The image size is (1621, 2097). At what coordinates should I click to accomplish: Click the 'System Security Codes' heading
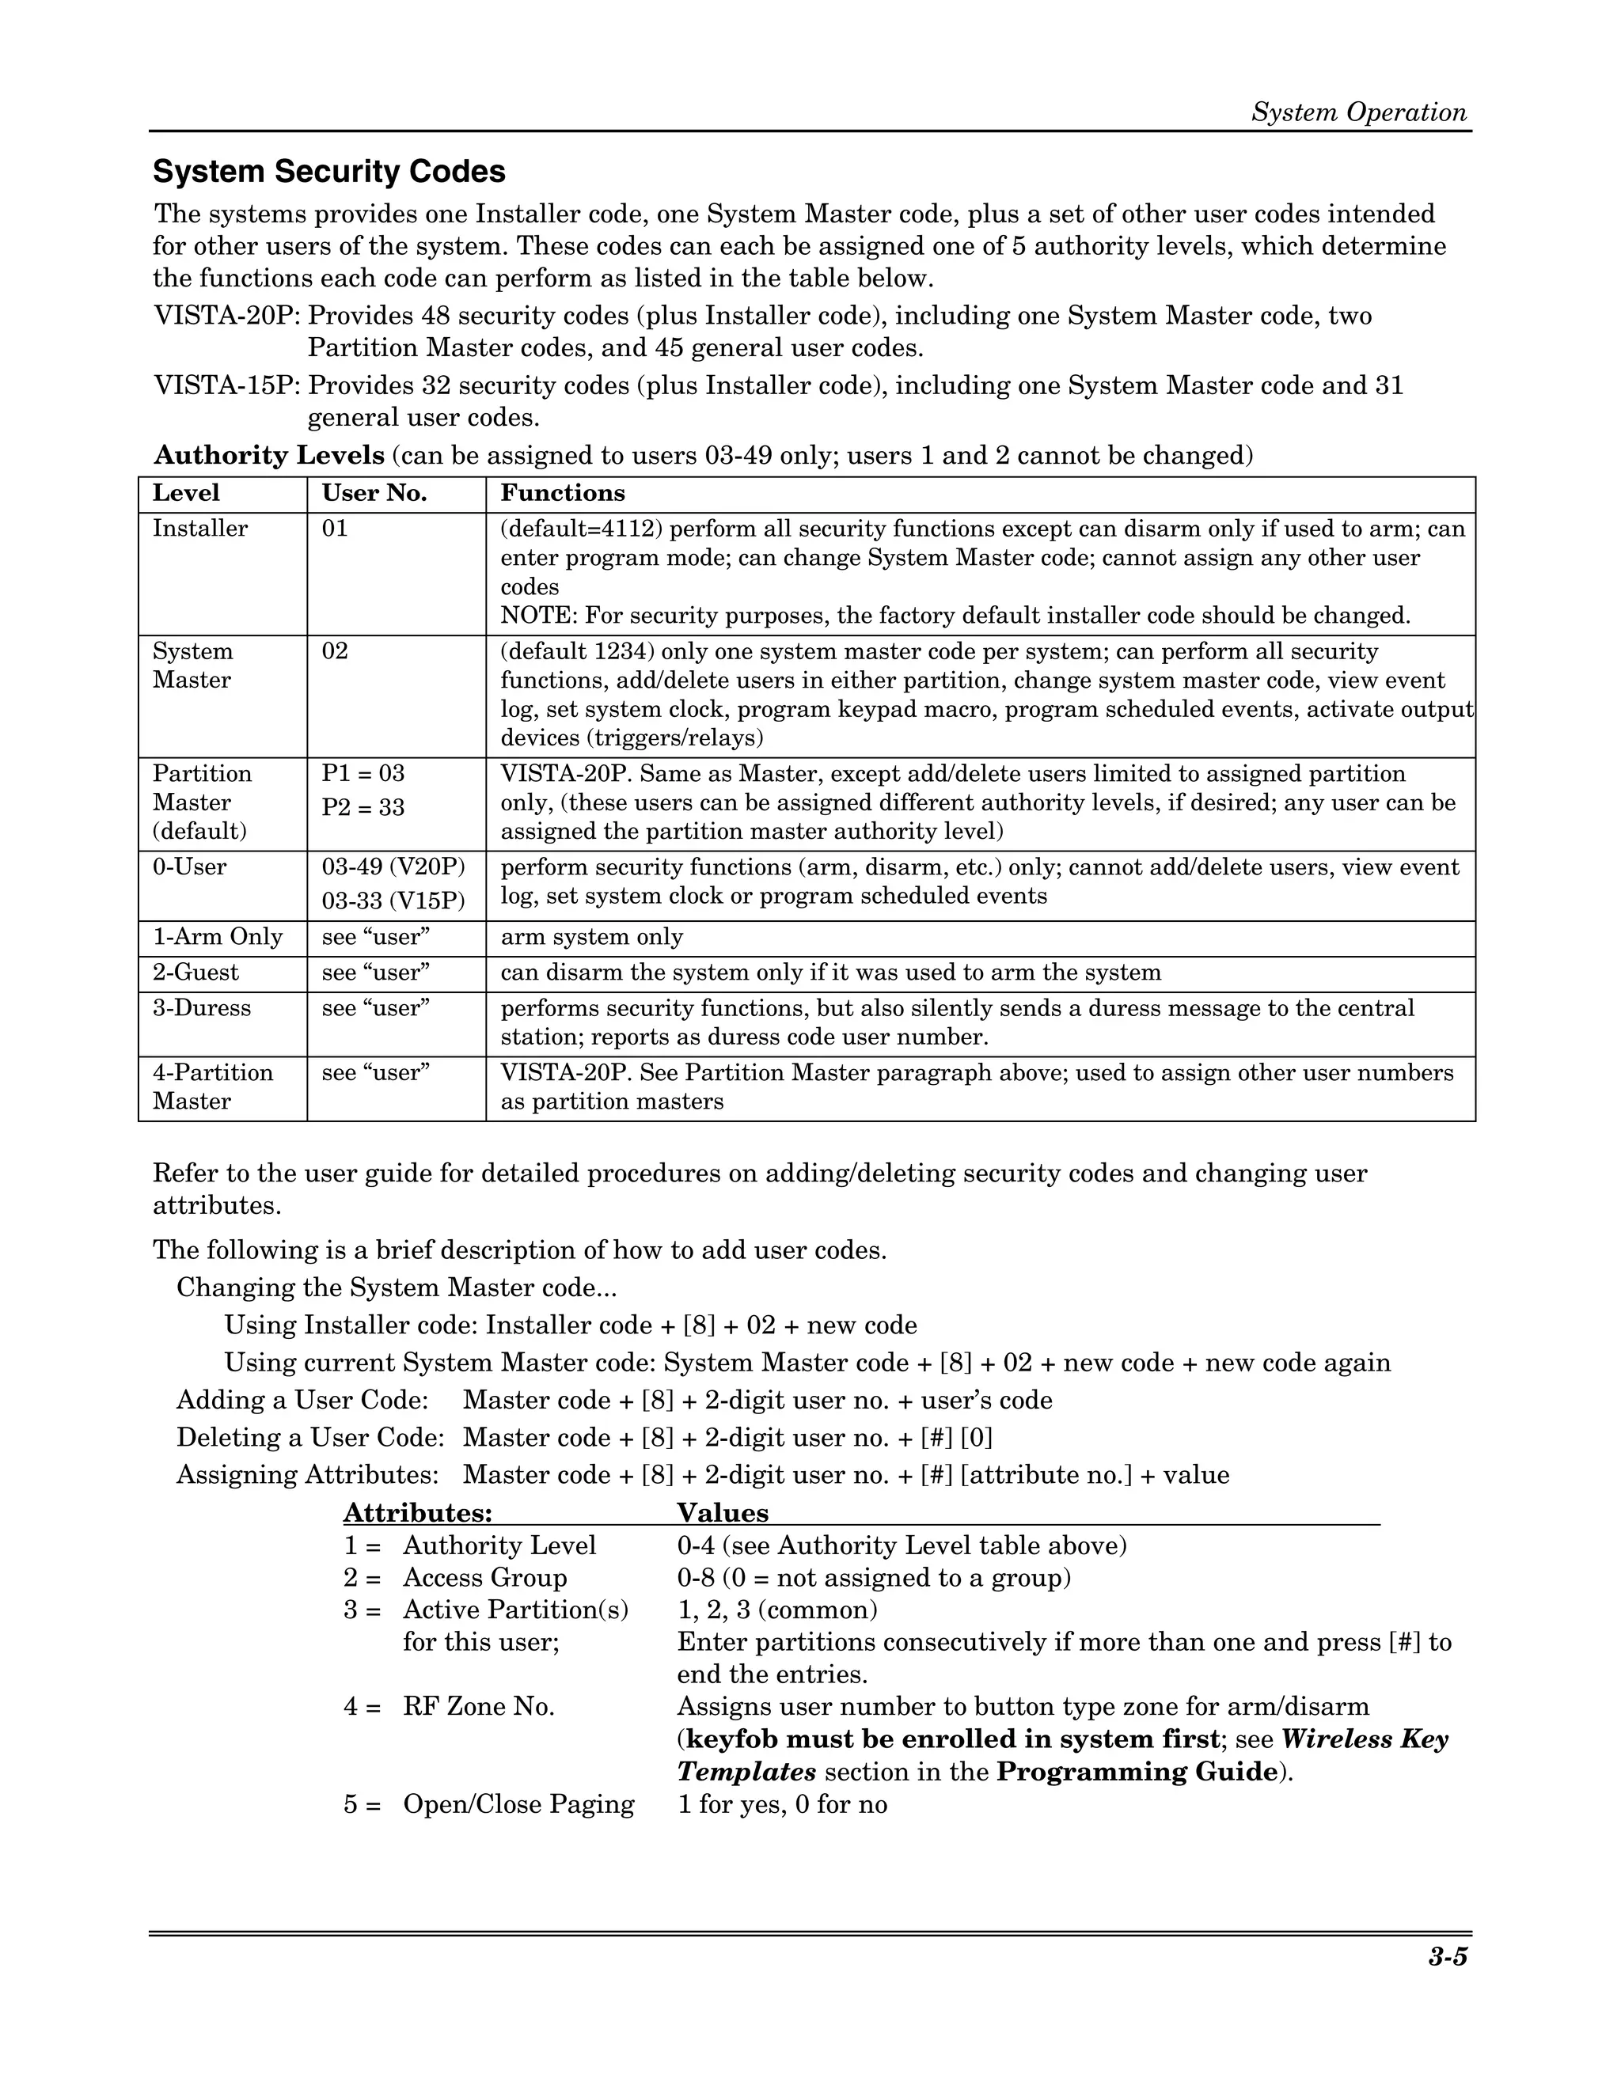(329, 172)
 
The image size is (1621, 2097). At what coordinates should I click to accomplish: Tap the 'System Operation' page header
(1358, 112)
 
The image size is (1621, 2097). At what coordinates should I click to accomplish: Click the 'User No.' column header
(374, 494)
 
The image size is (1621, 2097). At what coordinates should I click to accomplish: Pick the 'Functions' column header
(562, 494)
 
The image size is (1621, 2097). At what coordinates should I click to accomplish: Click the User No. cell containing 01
(335, 529)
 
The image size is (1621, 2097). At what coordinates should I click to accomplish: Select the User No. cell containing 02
(335, 652)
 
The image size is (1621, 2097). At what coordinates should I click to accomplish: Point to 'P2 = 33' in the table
(363, 807)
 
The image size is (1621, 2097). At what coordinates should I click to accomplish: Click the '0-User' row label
(190, 867)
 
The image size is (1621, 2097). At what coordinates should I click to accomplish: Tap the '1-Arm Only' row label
(217, 937)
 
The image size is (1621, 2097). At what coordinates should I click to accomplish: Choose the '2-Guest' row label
(195, 973)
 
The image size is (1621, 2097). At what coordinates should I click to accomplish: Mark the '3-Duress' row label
(202, 1008)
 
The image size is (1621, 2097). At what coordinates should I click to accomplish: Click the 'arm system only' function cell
(591, 937)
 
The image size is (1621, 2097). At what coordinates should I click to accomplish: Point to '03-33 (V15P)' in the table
(393, 901)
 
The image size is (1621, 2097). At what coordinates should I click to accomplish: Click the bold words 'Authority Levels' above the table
(269, 455)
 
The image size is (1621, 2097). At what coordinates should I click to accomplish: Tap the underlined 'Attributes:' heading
(418, 1513)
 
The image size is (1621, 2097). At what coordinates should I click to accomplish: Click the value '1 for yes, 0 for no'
(782, 1804)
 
